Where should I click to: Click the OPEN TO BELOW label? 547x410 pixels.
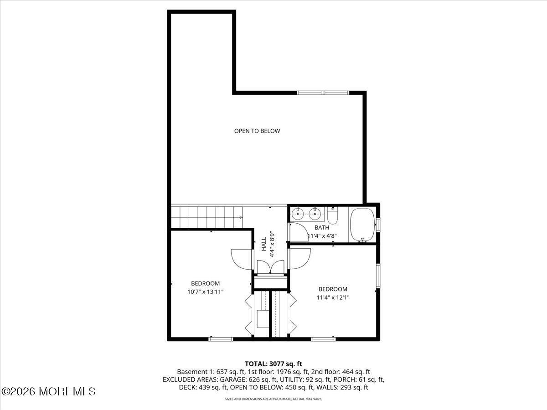pyautogui.click(x=257, y=131)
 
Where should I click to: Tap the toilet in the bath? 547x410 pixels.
pyautogui.click(x=333, y=215)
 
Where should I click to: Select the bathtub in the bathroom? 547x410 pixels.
pyautogui.click(x=362, y=225)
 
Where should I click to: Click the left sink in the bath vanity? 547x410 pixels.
pyautogui.click(x=298, y=213)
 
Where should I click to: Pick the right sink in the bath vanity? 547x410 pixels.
pyautogui.click(x=314, y=213)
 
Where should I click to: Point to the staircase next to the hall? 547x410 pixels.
pyautogui.click(x=206, y=217)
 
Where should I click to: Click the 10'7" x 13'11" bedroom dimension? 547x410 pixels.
pyautogui.click(x=205, y=292)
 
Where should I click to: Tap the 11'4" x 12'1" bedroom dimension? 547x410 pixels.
pyautogui.click(x=333, y=297)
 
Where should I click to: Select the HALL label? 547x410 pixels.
pyautogui.click(x=264, y=244)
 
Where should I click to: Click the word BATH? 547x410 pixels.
pyautogui.click(x=321, y=227)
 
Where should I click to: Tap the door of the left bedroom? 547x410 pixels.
pyautogui.click(x=242, y=260)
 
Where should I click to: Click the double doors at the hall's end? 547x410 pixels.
pyautogui.click(x=270, y=267)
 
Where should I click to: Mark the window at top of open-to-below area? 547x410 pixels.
pyautogui.click(x=323, y=93)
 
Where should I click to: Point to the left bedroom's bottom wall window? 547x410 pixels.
pyautogui.click(x=221, y=339)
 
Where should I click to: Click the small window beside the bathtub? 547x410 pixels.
pyautogui.click(x=377, y=225)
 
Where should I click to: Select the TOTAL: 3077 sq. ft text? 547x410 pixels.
pyautogui.click(x=273, y=364)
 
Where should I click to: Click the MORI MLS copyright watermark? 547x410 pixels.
pyautogui.click(x=48, y=391)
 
